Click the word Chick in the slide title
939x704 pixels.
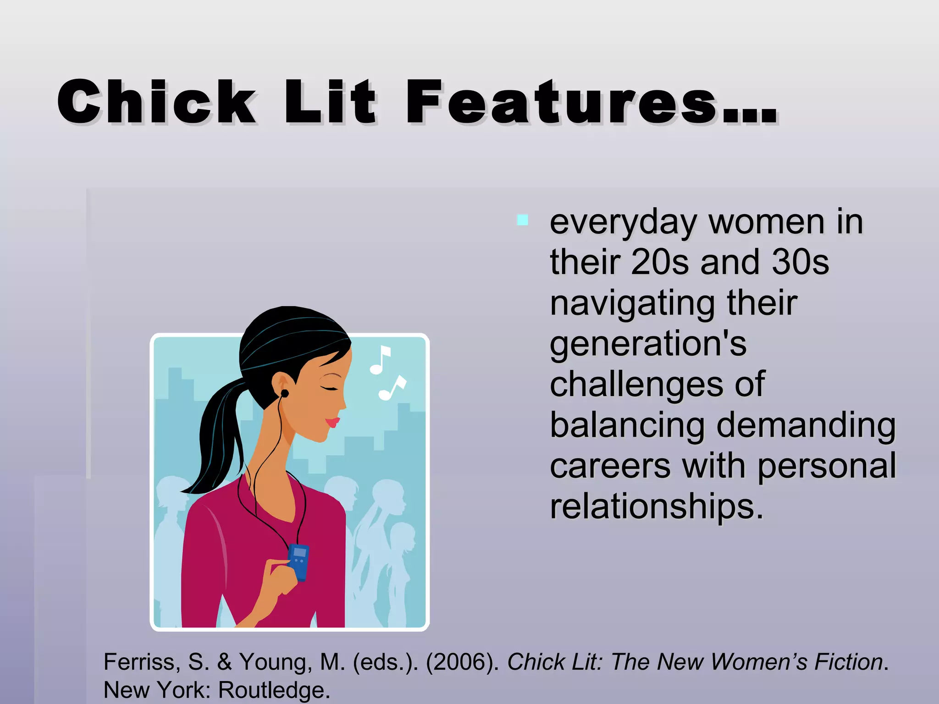click(156, 102)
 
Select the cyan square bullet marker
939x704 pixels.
click(522, 220)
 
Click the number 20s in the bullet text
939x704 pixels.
click(659, 262)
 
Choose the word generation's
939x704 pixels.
click(648, 344)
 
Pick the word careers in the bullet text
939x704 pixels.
click(610, 466)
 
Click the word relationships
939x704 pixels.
click(656, 506)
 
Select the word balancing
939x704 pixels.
click(627, 425)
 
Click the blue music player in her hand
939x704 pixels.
click(298, 562)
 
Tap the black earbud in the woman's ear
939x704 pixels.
click(285, 393)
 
